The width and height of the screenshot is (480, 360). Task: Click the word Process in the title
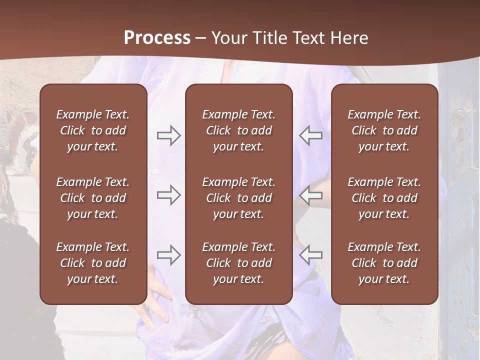(157, 38)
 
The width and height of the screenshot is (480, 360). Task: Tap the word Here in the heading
(348, 38)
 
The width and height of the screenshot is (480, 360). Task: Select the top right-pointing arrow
(168, 135)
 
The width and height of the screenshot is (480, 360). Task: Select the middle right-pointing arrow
(168, 195)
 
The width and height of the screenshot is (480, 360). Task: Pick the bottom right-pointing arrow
(168, 255)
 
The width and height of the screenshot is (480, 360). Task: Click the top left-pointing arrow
(310, 135)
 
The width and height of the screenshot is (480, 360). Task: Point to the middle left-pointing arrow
(310, 195)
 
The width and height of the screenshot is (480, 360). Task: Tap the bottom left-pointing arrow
(310, 255)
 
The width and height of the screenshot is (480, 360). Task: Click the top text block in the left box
(92, 130)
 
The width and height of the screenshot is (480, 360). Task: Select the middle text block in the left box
(92, 198)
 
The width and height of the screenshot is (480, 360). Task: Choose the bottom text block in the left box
(92, 263)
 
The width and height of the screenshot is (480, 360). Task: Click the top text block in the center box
(238, 130)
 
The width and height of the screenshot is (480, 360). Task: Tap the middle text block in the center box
(238, 198)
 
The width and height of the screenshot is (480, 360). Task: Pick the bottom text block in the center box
(238, 263)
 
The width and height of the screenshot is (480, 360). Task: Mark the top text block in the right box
(384, 130)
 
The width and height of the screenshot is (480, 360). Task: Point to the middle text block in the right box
(384, 198)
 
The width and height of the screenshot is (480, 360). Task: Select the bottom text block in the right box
(384, 263)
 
